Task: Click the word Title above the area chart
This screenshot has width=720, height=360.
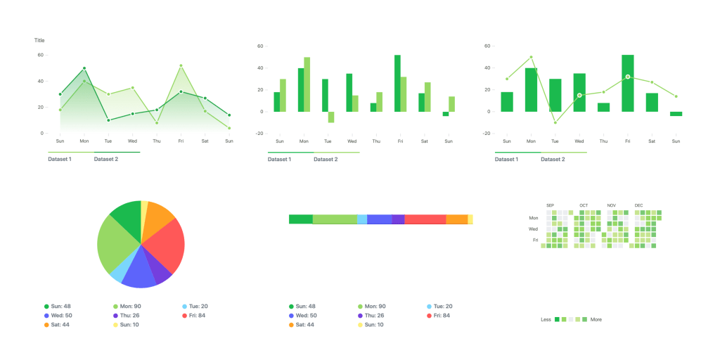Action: [39, 40]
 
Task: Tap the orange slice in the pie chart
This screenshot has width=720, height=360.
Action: [159, 214]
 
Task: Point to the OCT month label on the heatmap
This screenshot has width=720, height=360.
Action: [584, 205]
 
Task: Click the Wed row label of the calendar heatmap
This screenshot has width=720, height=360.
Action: [534, 229]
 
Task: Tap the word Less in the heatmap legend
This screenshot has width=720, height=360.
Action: [546, 319]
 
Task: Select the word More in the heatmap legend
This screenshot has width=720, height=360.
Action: [596, 319]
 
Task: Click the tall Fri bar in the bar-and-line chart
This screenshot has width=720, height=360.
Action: [628, 83]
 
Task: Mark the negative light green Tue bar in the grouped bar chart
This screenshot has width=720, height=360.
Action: [331, 117]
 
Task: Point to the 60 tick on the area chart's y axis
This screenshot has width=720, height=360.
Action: [41, 55]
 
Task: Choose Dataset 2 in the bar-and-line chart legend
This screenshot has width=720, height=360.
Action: [553, 159]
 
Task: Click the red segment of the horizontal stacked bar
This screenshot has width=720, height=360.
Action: [425, 219]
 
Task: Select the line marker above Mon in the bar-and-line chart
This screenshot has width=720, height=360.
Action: [531, 57]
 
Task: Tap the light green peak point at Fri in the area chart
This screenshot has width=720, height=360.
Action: [181, 65]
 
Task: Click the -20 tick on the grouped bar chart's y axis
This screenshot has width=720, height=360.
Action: [259, 134]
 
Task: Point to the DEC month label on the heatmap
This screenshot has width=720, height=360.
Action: [638, 205]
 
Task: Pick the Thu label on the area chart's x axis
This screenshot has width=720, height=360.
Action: [157, 141]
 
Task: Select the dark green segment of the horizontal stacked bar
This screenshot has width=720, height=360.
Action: [300, 219]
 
